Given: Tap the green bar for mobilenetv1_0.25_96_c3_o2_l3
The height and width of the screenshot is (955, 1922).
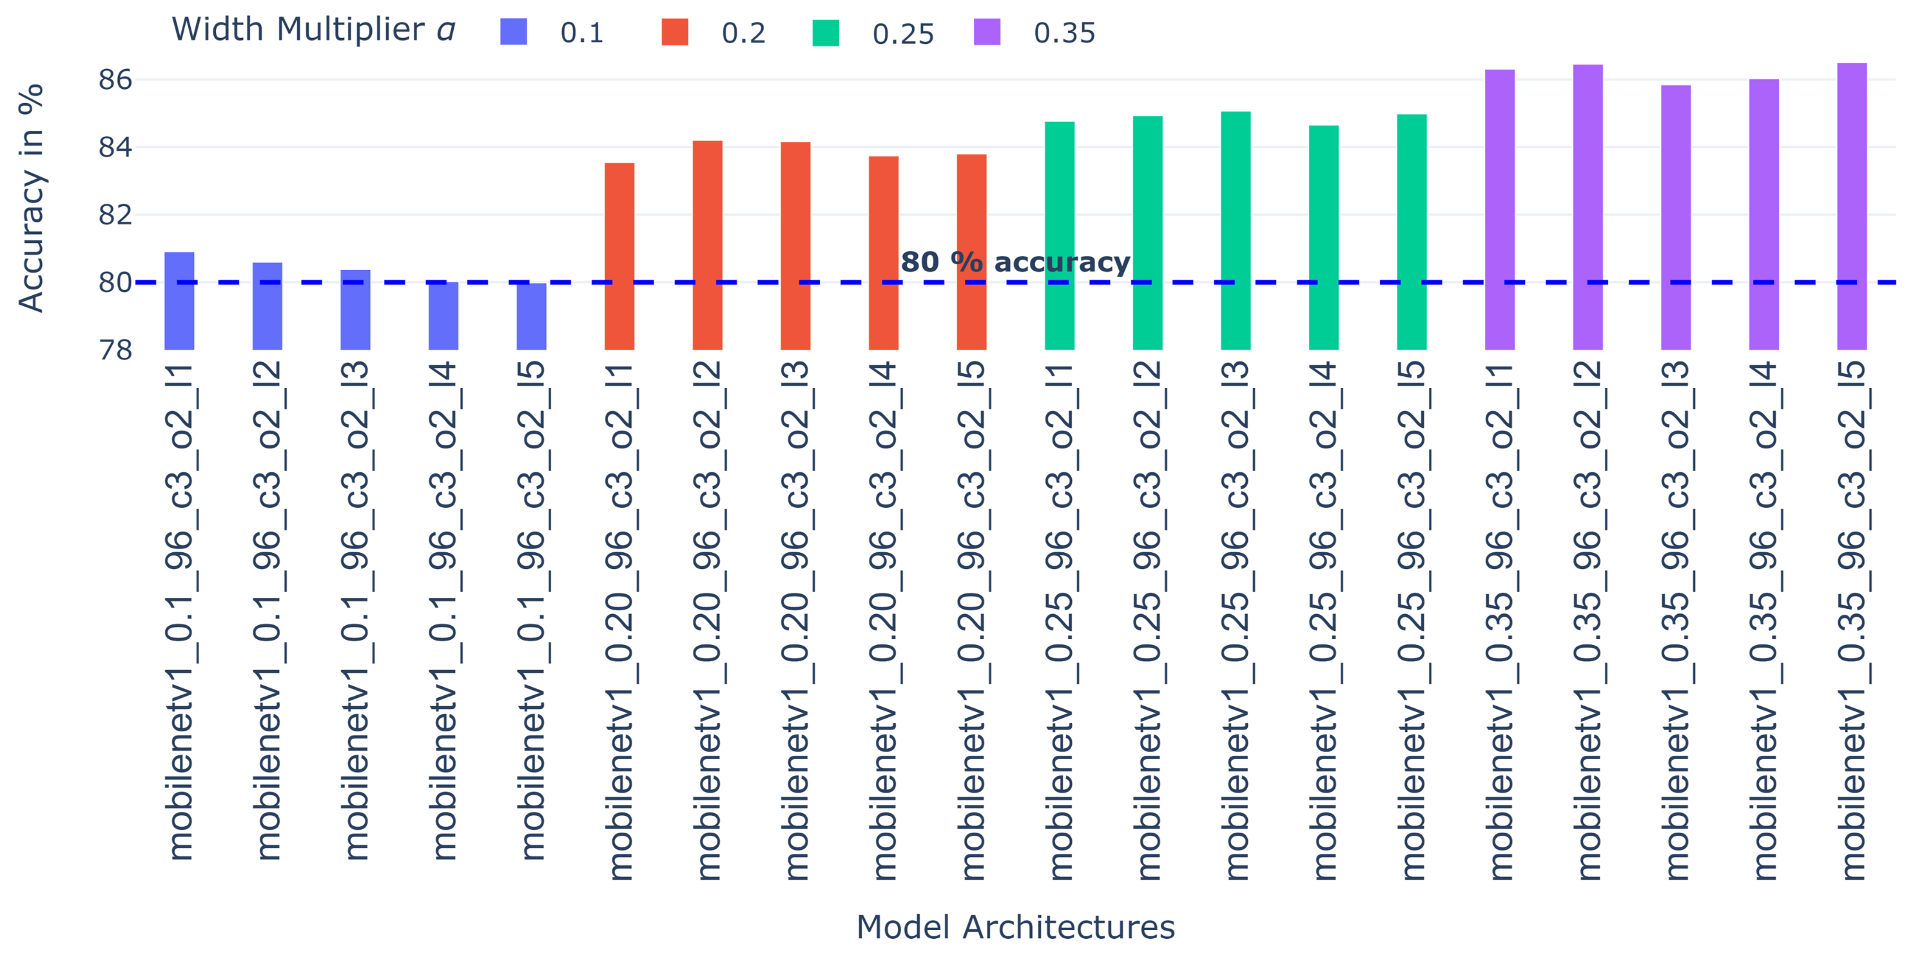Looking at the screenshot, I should coord(1236,231).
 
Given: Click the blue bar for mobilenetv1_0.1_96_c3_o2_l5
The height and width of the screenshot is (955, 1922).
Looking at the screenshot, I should coord(531,316).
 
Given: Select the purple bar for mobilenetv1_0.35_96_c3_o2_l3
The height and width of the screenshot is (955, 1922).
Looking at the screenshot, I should coord(1676,217).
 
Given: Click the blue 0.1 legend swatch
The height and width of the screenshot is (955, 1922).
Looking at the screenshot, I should coord(513,32).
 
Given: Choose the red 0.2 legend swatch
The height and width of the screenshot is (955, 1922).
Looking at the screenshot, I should coord(674,32).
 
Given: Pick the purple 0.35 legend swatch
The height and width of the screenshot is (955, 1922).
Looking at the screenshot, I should coord(986,32).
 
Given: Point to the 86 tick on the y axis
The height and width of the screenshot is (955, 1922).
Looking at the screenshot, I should coord(115,79).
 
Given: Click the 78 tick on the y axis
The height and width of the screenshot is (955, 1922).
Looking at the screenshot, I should coord(115,349).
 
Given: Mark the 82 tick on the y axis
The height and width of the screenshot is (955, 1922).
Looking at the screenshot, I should coord(115,215).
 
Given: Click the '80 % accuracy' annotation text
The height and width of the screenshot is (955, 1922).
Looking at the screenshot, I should coord(1014,262).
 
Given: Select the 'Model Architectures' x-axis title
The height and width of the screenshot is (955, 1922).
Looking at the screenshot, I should coord(1014,927).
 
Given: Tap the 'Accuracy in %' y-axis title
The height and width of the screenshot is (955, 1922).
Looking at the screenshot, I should coord(32,198).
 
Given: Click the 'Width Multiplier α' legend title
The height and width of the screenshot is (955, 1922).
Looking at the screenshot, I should coord(313,30).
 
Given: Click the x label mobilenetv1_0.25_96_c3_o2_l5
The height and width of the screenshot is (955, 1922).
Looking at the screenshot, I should coord(1412,619).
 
